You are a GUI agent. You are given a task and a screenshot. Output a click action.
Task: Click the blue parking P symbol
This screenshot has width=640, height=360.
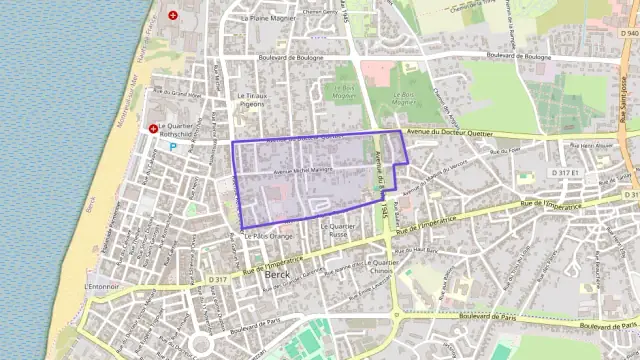[172, 146]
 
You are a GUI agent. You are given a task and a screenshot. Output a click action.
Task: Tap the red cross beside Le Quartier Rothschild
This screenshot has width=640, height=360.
[153, 128]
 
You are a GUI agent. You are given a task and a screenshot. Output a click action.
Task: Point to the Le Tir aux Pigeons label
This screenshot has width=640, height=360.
[250, 100]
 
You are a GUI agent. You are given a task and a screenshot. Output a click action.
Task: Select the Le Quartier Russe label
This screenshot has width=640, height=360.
[338, 230]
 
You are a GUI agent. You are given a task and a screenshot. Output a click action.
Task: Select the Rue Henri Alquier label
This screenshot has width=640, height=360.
[585, 146]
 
